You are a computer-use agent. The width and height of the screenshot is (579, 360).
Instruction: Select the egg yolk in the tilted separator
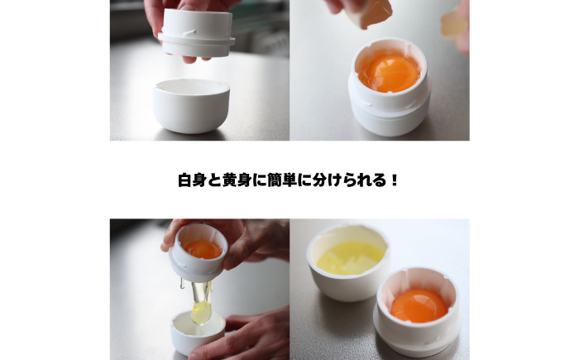(202, 248)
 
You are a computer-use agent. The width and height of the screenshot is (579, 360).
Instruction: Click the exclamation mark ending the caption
(394, 180)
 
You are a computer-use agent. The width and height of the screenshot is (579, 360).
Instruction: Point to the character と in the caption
(218, 180)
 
